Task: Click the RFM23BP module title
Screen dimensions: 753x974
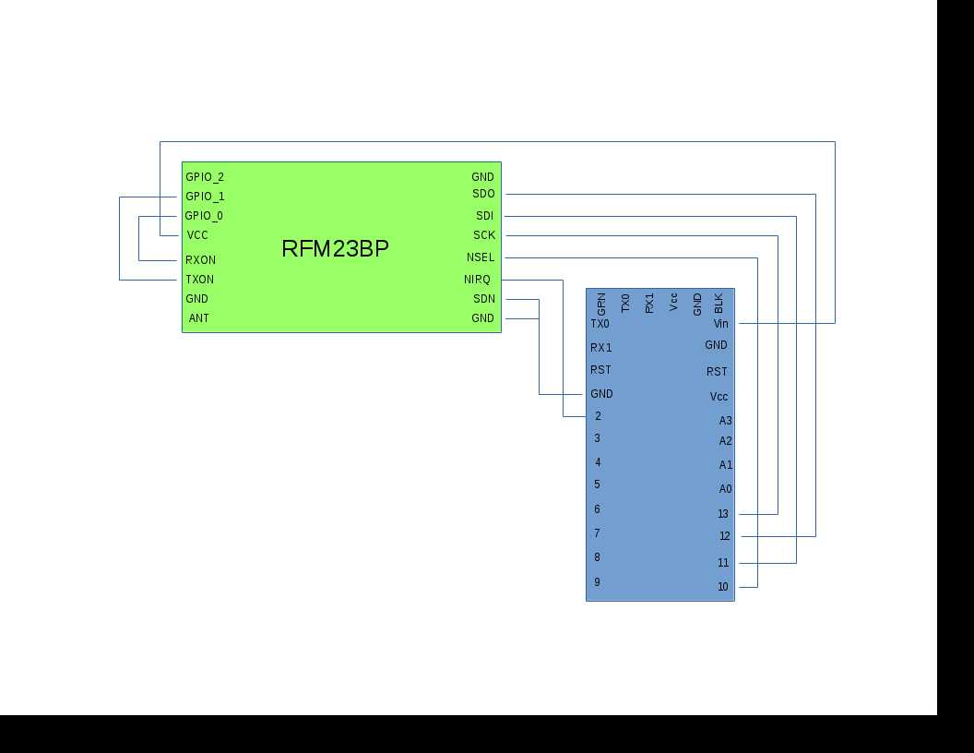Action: click(335, 248)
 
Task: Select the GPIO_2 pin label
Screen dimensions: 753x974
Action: click(205, 176)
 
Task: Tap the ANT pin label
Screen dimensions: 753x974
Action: click(198, 318)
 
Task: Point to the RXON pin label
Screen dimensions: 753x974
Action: click(200, 260)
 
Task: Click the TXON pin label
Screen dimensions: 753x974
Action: click(199, 280)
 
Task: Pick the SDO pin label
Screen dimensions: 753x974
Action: click(483, 194)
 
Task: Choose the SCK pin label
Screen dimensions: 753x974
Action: click(484, 235)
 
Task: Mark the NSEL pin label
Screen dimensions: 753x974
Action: click(481, 257)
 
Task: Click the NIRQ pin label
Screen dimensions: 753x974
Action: click(477, 280)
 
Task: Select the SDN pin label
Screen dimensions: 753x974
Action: click(483, 299)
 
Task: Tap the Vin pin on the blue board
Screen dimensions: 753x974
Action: click(720, 324)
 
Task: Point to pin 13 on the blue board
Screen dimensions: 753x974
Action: click(723, 514)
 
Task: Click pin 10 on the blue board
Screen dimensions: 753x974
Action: click(723, 587)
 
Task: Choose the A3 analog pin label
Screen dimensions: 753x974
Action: click(725, 421)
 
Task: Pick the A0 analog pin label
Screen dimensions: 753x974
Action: click(725, 489)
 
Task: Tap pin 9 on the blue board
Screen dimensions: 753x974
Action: click(597, 582)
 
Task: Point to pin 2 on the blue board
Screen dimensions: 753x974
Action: click(598, 416)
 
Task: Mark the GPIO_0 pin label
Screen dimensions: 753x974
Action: click(204, 216)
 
